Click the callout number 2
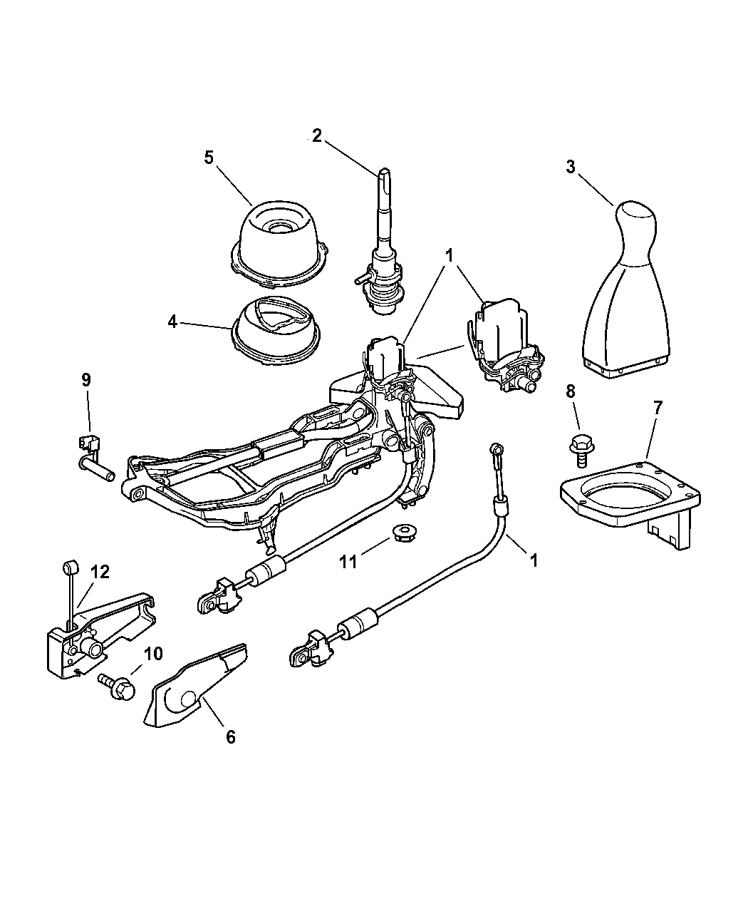(x=317, y=136)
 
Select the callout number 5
(x=209, y=158)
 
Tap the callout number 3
(x=571, y=167)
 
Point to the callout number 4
(x=172, y=322)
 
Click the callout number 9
(x=86, y=379)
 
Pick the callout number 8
(x=570, y=391)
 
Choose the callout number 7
(x=657, y=408)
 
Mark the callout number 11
(x=348, y=562)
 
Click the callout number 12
(x=100, y=572)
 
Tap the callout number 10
(x=153, y=654)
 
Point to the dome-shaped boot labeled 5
(x=279, y=245)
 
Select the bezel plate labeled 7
(x=630, y=505)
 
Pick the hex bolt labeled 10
(x=118, y=688)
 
